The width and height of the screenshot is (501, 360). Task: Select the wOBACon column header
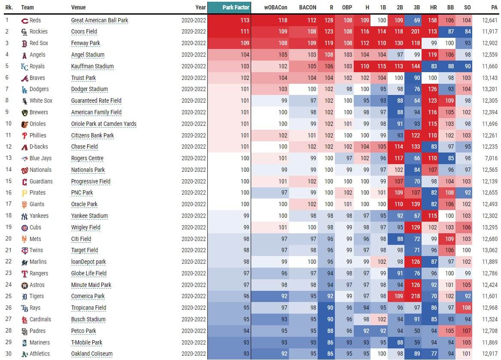pyautogui.click(x=275, y=7)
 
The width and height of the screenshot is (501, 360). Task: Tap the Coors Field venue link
pyautogui.click(x=84, y=31)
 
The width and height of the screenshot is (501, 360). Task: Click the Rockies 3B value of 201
pyautogui.click(x=415, y=31)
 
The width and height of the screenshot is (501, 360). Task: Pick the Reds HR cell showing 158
pyautogui.click(x=432, y=20)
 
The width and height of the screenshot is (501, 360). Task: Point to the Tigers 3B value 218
pyautogui.click(x=415, y=296)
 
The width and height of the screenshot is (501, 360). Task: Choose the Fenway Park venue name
pyautogui.click(x=87, y=43)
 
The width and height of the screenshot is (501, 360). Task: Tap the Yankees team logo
pyautogui.click(x=24, y=216)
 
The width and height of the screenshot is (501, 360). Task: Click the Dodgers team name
pyautogui.click(x=39, y=89)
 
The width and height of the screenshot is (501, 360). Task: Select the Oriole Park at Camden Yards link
pyautogui.click(x=103, y=124)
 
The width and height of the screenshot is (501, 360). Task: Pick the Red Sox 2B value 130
pyautogui.click(x=398, y=43)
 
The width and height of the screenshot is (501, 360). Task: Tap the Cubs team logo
pyautogui.click(x=24, y=228)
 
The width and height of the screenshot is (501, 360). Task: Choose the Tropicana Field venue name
pyautogui.click(x=88, y=308)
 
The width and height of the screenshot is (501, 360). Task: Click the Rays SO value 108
pyautogui.click(x=466, y=308)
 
